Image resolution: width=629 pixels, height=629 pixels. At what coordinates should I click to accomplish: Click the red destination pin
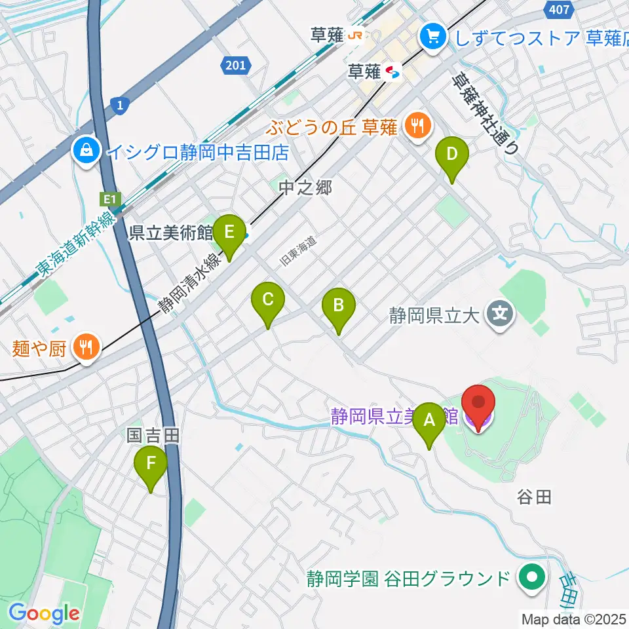coord(478,406)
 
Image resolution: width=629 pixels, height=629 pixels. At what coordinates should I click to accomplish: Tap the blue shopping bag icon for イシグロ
coord(86,153)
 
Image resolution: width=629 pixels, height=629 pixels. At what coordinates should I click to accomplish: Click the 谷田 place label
coord(534,497)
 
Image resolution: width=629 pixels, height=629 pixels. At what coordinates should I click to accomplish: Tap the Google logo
coord(45,613)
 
